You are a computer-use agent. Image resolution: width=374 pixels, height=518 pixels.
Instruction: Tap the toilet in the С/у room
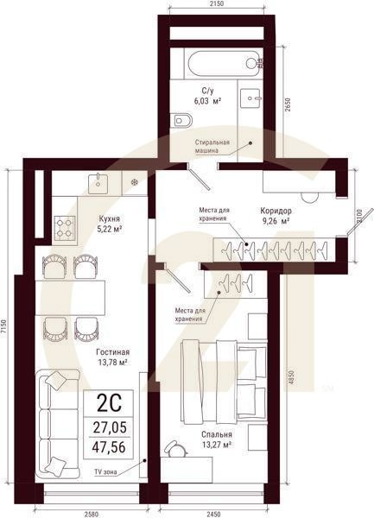[182, 119]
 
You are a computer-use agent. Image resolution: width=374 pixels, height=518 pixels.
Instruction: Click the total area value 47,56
[109, 446]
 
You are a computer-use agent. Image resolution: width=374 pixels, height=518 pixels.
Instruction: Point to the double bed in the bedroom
[223, 380]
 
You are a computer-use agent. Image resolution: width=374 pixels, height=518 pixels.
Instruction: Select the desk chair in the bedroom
[175, 450]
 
